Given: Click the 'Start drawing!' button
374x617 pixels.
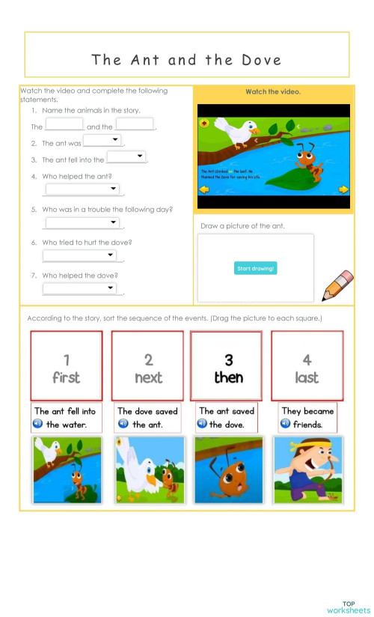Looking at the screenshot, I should tap(255, 268).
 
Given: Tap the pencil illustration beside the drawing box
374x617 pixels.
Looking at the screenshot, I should tap(337, 285).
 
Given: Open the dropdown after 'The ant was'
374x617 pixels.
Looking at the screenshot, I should tap(102, 140).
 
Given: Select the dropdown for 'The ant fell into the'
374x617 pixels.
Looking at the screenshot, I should tap(126, 156).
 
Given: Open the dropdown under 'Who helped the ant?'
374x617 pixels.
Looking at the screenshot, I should tap(82, 189).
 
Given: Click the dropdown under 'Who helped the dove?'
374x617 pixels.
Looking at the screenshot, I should tap(79, 288).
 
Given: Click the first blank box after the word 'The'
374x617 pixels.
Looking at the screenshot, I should tap(64, 124).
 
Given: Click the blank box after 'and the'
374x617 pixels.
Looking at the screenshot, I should tap(135, 124).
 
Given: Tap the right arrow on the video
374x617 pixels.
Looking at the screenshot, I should tap(343, 189).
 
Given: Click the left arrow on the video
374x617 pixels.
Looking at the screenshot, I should tap(203, 189).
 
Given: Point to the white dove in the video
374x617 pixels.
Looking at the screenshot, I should tap(243, 133).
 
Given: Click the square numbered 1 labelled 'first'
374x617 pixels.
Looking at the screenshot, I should tap(66, 365).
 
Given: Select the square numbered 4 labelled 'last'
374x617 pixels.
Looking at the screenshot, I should tap(307, 365).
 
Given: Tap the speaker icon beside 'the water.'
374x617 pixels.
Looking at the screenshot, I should tap(37, 424).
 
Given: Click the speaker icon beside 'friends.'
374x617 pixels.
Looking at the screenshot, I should tap(285, 424).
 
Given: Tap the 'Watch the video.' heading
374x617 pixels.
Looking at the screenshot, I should tap(273, 92).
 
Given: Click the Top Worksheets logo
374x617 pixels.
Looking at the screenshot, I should tap(349, 607).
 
